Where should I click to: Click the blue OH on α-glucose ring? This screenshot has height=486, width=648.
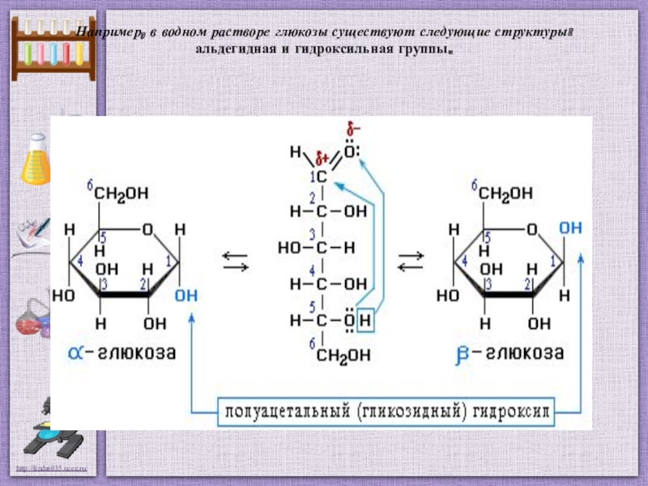[185, 296]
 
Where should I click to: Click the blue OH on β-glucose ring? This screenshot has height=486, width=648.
[570, 229]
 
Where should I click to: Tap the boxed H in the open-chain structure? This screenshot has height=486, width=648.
[364, 321]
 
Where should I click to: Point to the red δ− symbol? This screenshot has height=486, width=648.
[352, 130]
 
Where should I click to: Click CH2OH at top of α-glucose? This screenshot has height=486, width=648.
[121, 194]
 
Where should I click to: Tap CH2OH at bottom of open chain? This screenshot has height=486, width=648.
[344, 355]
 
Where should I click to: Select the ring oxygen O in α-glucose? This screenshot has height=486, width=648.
[147, 230]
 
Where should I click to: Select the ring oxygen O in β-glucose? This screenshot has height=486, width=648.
[531, 230]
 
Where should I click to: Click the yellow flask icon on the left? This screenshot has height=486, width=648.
[36, 162]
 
